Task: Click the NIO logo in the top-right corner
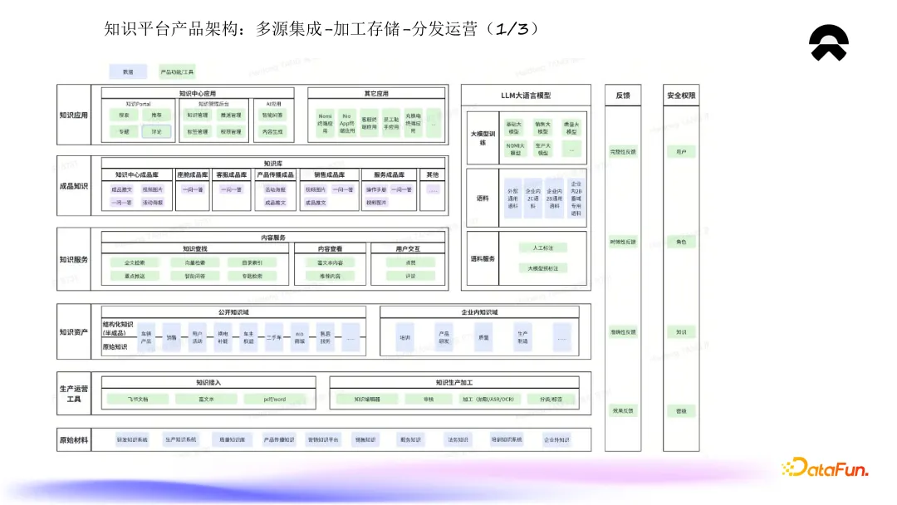829,43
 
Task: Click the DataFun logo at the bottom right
825,468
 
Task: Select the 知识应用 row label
73,115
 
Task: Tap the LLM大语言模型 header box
526,96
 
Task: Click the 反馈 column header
623,96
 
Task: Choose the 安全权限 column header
680,96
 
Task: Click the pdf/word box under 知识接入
275,400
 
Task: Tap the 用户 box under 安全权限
680,152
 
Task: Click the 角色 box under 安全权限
680,242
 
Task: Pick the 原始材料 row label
73,439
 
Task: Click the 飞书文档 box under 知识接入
138,400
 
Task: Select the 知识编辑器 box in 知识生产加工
367,400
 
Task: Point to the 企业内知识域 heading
479,312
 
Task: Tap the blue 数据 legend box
128,72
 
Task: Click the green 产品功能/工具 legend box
177,72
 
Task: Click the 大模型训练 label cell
483,137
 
